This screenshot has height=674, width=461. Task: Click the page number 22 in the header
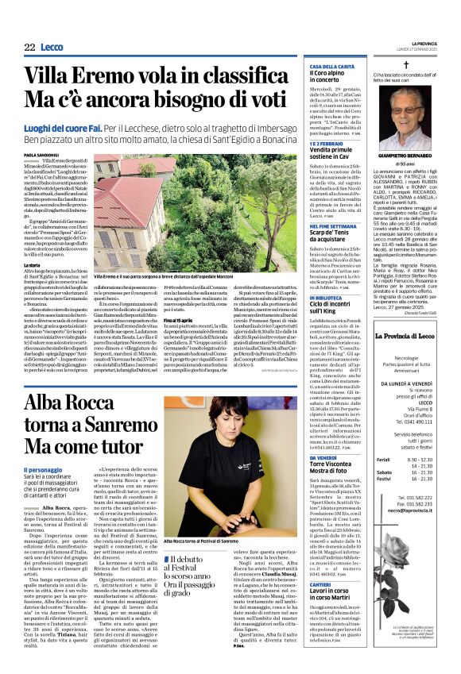pyautogui.click(x=29, y=48)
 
